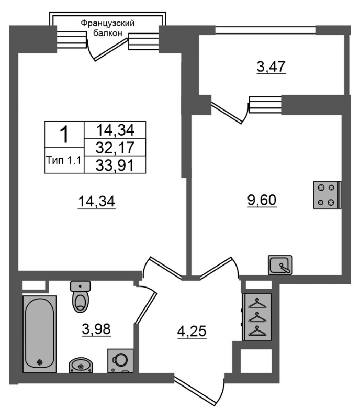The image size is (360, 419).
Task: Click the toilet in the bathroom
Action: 81,296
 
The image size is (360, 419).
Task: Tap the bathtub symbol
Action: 40,334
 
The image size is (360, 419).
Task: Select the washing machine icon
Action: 120,360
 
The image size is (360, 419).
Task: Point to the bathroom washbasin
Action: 81,365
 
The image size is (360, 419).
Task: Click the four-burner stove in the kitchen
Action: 327,195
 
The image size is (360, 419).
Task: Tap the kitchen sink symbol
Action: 280,265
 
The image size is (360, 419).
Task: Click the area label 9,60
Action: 262,200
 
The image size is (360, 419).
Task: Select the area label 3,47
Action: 272,67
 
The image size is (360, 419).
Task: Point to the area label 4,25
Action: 192,332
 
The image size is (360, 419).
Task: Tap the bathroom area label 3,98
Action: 96,329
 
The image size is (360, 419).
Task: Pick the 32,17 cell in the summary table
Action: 115,148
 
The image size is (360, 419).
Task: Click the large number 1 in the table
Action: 64,135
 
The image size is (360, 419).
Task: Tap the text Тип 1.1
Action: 63,160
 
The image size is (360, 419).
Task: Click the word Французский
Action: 108,24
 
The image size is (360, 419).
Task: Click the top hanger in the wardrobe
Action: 256,303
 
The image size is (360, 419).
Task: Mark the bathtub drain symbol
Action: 40,362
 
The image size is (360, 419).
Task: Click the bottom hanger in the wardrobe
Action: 256,330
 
